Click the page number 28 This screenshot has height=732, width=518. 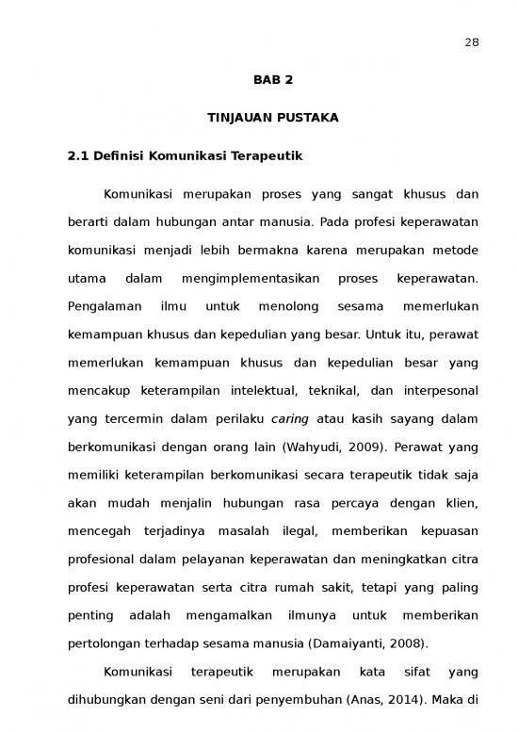pyautogui.click(x=472, y=41)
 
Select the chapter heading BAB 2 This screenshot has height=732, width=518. pyautogui.click(x=273, y=80)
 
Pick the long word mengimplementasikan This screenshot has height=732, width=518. pyautogui.click(x=250, y=279)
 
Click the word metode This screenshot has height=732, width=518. pyautogui.click(x=455, y=251)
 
